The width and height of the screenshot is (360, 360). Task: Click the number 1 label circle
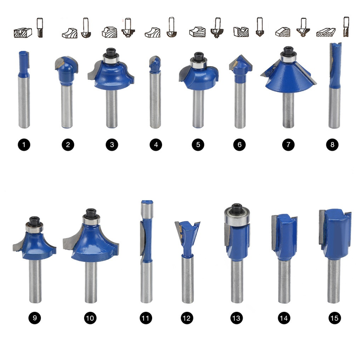point(24,145)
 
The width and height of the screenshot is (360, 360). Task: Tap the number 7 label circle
point(288,145)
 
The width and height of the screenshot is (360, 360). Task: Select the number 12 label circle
point(187,318)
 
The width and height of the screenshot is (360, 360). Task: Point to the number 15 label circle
point(334,318)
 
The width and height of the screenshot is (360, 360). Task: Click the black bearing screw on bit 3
point(111,53)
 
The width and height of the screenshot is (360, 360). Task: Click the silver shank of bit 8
point(334,108)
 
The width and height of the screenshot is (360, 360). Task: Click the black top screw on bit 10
point(91,213)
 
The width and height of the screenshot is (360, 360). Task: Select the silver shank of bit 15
point(333,281)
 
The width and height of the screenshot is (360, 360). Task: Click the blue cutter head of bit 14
point(285,237)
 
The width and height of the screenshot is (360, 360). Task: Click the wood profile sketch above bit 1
point(22,33)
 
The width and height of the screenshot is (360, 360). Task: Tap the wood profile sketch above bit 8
point(326,32)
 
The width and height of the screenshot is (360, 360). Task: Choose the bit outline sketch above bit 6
point(260,27)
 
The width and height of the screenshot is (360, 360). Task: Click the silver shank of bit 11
point(147,283)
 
